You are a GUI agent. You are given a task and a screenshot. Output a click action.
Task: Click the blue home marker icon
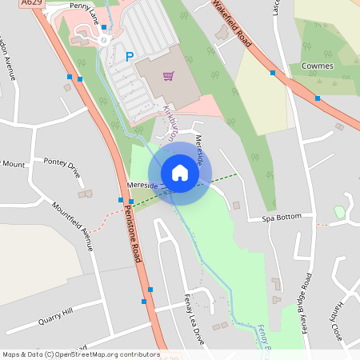coord(179,172)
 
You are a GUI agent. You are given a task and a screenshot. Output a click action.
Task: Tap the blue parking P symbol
coord(129,57)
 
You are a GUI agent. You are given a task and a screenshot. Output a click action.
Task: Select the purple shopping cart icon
coord(168,76)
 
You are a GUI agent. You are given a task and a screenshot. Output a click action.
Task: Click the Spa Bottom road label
coord(284,217)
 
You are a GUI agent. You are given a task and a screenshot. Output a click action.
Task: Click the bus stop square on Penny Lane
coord(103,27)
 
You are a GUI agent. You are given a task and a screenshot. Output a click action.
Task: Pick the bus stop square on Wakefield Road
coord(273,73)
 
